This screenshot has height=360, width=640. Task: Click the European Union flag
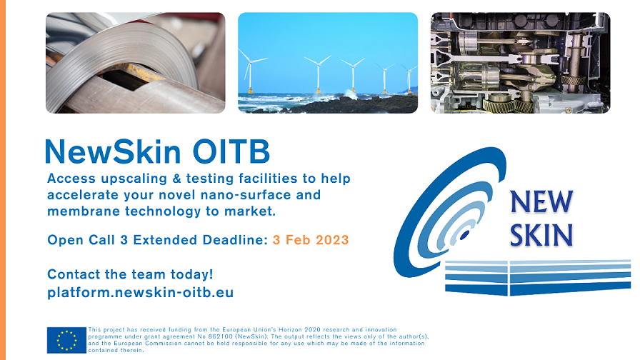(x=66, y=340)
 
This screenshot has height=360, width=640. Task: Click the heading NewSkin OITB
(x=158, y=151)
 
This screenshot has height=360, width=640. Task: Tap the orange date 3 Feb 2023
(x=311, y=239)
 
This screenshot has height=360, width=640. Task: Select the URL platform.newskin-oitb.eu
(x=141, y=292)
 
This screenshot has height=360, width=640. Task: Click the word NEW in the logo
(x=541, y=201)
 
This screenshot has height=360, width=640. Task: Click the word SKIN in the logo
(x=541, y=235)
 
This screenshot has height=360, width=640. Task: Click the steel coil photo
(x=136, y=63)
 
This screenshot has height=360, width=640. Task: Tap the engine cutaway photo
(x=521, y=63)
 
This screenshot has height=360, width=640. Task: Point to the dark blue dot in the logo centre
(x=464, y=235)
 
